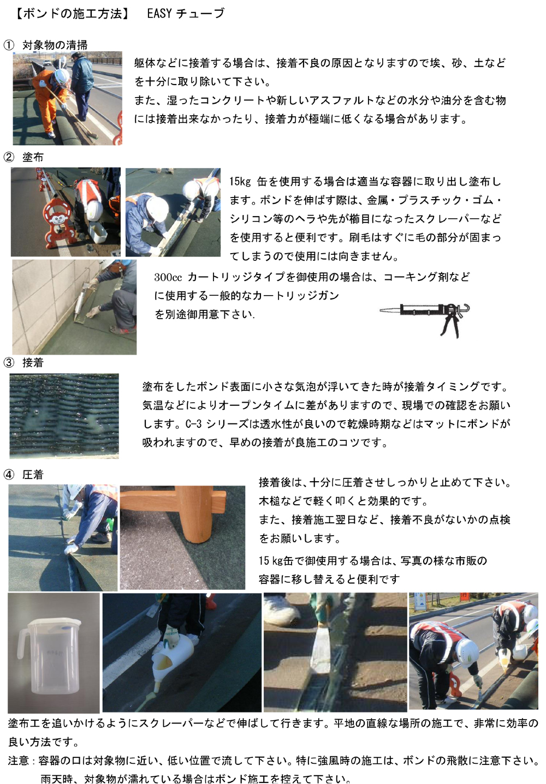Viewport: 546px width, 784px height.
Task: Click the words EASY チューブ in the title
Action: pos(186,14)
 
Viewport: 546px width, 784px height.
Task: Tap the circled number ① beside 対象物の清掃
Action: pos(9,45)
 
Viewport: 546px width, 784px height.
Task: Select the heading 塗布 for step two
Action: pos(33,157)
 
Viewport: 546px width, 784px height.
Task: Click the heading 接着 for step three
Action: pos(33,363)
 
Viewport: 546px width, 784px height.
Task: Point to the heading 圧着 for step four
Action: pos(33,475)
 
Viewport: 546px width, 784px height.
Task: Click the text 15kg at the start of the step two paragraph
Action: pos(240,182)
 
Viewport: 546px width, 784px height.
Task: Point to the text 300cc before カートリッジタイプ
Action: pos(168,277)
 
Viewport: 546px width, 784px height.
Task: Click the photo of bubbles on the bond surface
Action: pos(64,416)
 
